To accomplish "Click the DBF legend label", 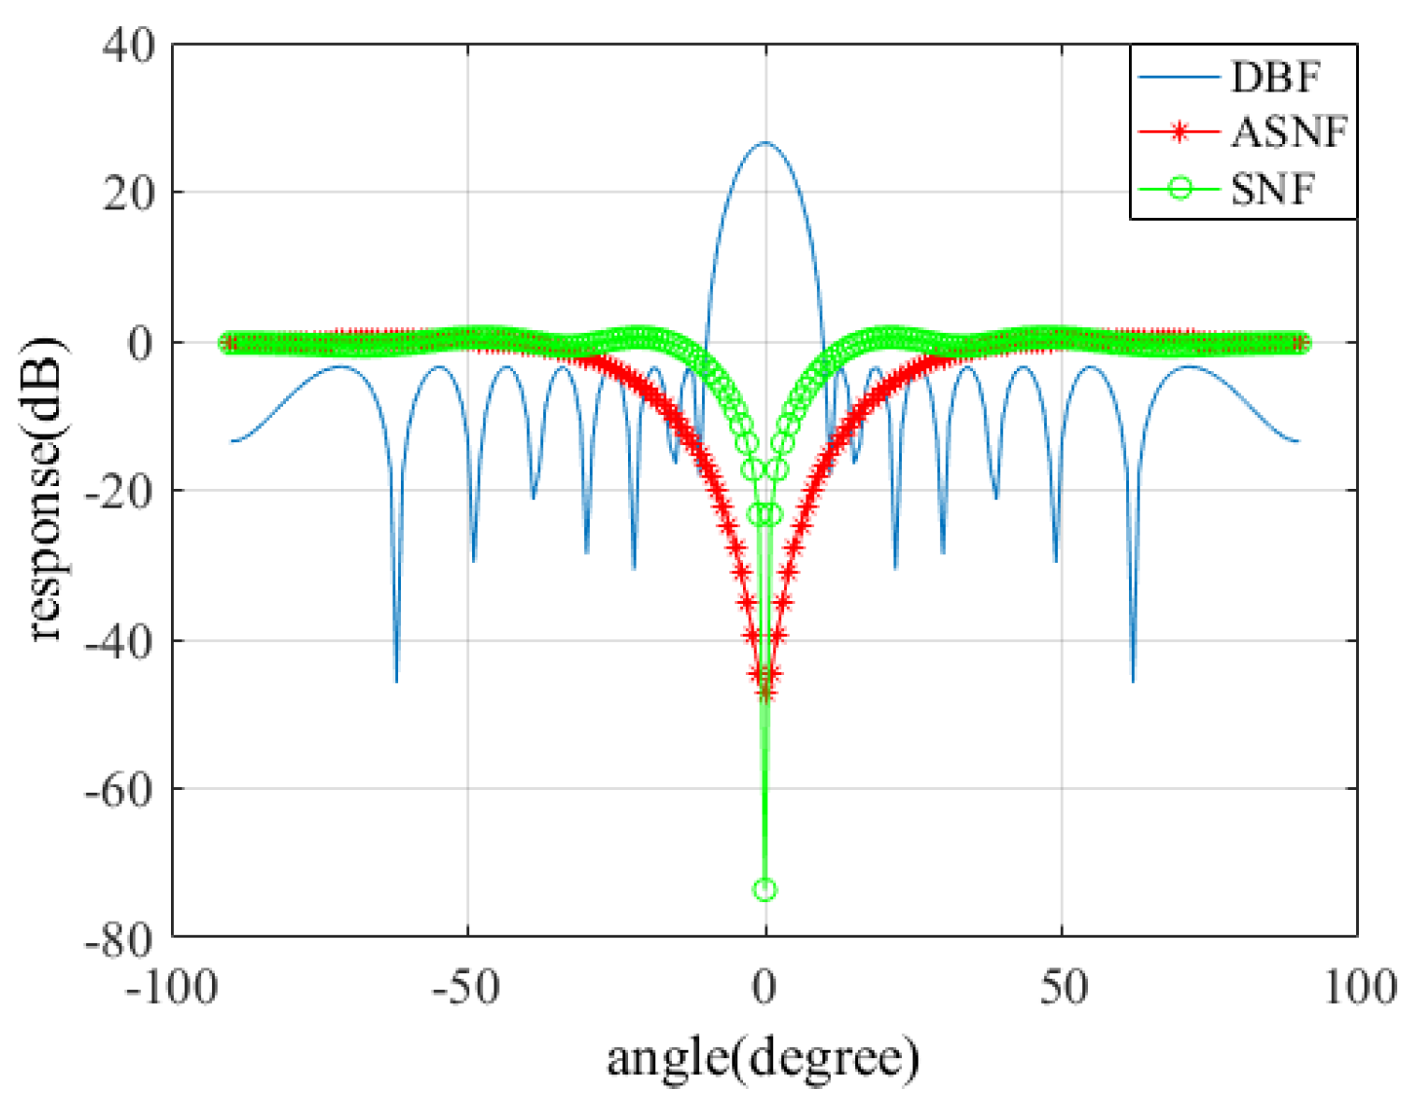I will click(x=1275, y=77).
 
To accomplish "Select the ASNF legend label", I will click(x=1289, y=133).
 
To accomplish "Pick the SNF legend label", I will click(x=1272, y=189).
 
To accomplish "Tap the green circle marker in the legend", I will click(x=1180, y=189).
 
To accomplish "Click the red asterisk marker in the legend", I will click(x=1180, y=133).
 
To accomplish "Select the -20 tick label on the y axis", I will click(x=119, y=491).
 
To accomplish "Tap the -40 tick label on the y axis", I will click(x=119, y=641).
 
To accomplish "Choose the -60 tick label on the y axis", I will click(x=119, y=790).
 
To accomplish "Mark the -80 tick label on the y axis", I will click(x=119, y=939).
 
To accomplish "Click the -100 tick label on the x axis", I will click(x=172, y=987).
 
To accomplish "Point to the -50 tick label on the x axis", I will click(x=467, y=987).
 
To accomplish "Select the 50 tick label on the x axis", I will click(x=1063, y=987).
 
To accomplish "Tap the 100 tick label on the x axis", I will click(x=1359, y=987).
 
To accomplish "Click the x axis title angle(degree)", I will click(x=763, y=1058).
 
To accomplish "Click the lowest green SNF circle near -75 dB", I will click(x=765, y=890).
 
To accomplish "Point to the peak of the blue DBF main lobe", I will click(x=765, y=143).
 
